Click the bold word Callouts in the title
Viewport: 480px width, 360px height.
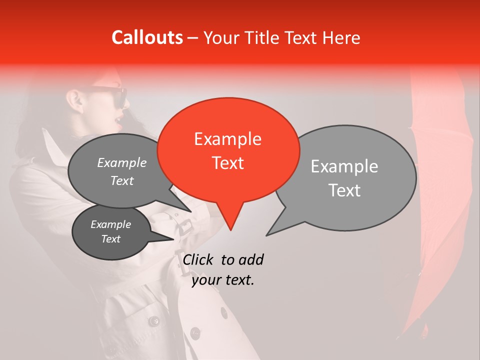tap(147, 37)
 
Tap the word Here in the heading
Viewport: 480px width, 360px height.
tap(340, 38)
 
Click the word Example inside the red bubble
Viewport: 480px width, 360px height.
tap(227, 139)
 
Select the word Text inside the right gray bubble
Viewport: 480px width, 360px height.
tap(344, 190)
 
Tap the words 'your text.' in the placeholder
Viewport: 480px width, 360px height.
tap(223, 280)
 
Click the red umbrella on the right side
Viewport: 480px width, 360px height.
tap(440, 200)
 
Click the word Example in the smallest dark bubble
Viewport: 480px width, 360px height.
tap(111, 224)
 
